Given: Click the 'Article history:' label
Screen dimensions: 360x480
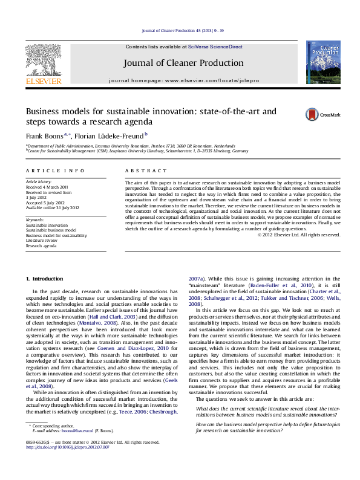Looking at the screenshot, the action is (37, 181).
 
